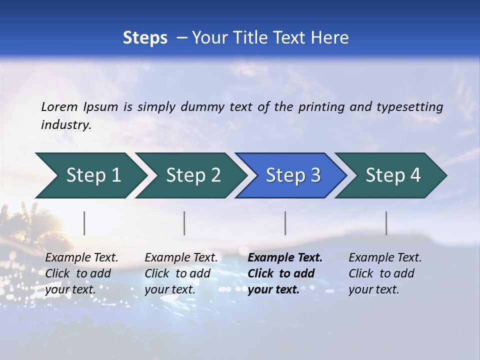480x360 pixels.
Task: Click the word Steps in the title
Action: click(x=145, y=37)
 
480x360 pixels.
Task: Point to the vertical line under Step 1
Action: click(x=84, y=223)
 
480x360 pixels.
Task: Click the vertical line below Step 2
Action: click(x=184, y=223)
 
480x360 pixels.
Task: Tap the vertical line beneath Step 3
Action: click(x=285, y=223)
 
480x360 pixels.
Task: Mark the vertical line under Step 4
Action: click(x=386, y=223)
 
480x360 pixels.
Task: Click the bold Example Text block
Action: click(x=285, y=273)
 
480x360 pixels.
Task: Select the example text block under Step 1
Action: click(x=81, y=273)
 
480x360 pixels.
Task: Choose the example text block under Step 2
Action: click(x=181, y=273)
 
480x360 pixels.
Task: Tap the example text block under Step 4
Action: click(x=385, y=273)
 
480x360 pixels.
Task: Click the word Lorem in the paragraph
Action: click(x=59, y=106)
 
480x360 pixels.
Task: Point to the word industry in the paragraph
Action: click(x=65, y=124)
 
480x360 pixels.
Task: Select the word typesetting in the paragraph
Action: click(x=409, y=106)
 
